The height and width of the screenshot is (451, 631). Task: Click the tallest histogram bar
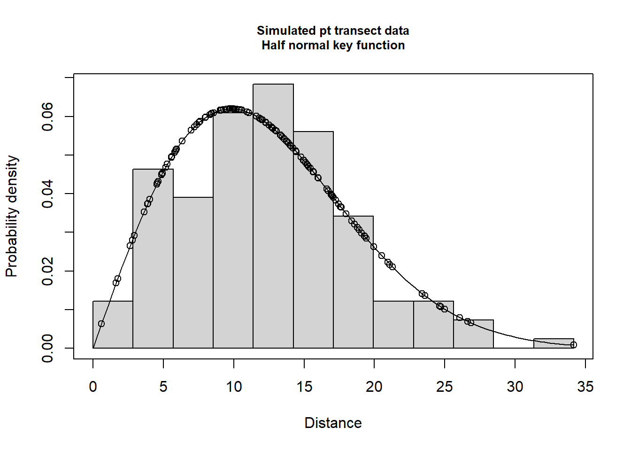273,216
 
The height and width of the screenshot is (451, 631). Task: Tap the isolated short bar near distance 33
554,343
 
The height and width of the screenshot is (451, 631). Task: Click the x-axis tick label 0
93,387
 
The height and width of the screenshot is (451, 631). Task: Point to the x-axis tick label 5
163,387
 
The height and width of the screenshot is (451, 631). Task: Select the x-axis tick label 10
234,387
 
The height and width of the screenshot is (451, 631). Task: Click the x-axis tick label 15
304,387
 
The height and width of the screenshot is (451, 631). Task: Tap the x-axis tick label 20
374,387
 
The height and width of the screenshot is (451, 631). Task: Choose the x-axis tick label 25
445,387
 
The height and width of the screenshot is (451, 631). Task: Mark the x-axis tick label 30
515,387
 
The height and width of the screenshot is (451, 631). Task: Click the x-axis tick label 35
585,387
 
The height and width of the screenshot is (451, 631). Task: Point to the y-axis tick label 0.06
48,117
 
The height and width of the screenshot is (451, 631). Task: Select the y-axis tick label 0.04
48,194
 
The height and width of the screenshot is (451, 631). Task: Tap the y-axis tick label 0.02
48,271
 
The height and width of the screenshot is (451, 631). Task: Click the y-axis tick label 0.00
48,348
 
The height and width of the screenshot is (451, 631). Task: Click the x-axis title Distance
333,423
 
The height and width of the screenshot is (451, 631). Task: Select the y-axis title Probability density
12,216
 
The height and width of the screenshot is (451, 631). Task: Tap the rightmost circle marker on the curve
573,345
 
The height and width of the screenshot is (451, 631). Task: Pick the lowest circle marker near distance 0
101,324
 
